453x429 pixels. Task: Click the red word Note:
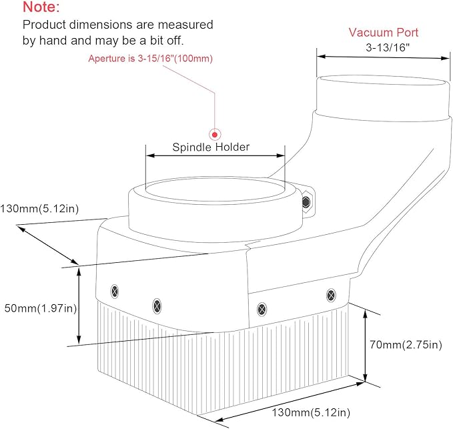(41, 7)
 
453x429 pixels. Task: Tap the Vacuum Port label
(384, 32)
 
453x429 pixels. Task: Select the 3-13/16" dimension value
(388, 47)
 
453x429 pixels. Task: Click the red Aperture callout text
(151, 59)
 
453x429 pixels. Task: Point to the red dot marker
(215, 135)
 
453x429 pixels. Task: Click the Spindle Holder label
(211, 147)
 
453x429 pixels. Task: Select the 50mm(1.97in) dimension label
(41, 308)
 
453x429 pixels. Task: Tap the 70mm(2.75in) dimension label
(406, 345)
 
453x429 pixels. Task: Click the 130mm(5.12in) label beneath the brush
(311, 412)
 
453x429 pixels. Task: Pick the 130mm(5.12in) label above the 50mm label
(39, 209)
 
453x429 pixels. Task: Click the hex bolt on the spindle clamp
(306, 202)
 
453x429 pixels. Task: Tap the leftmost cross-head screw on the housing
(115, 291)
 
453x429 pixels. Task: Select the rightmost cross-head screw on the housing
(331, 296)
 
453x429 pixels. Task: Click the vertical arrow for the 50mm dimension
(79, 305)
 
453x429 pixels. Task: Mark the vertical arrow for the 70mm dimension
(365, 346)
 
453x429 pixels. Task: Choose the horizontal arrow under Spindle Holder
(215, 155)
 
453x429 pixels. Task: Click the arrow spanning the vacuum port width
(383, 57)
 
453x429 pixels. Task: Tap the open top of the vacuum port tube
(383, 80)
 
